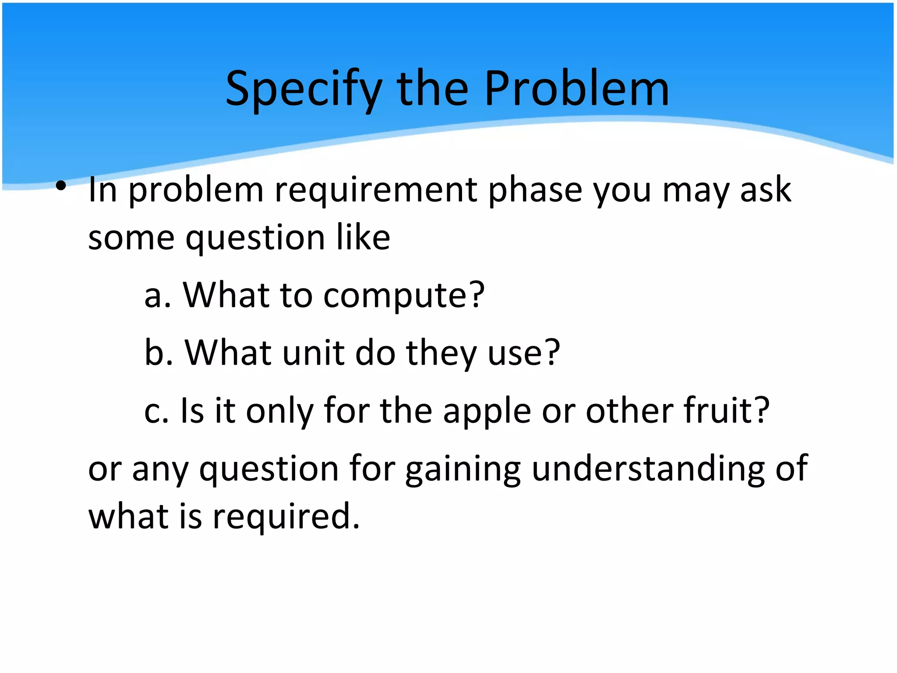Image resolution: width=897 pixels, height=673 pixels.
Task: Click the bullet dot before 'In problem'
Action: click(x=61, y=186)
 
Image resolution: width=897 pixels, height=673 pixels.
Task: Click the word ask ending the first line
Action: click(x=765, y=190)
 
